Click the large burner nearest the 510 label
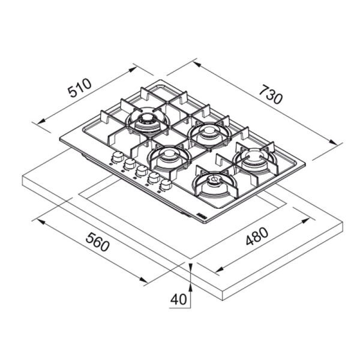click(x=146, y=121)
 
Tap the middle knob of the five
click(x=141, y=170)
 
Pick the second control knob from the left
click(x=128, y=164)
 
